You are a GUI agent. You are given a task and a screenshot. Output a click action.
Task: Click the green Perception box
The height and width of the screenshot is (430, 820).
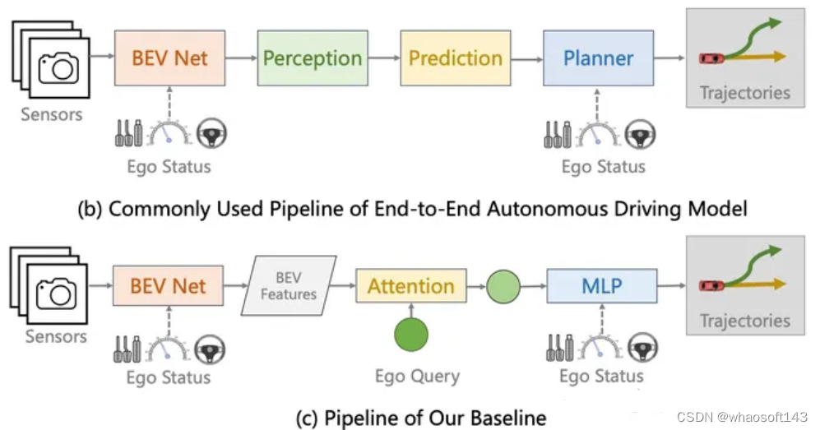[311, 58]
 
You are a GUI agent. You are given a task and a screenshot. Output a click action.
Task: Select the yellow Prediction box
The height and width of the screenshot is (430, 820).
[455, 58]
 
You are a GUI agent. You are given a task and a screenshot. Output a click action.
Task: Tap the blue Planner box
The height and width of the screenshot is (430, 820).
[598, 58]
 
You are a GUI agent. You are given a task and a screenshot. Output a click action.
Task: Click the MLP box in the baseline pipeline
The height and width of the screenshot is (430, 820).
[601, 286]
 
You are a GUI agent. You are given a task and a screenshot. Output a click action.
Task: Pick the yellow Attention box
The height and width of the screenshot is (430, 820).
[410, 286]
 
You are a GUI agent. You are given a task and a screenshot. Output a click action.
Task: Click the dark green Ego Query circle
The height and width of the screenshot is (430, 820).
[411, 335]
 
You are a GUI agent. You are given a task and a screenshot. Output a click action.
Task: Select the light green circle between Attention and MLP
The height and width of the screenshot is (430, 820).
[503, 286]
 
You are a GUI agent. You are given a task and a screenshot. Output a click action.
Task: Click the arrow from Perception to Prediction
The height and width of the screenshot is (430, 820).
[382, 58]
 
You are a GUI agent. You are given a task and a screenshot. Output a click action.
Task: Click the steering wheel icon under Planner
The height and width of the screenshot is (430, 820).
[642, 132]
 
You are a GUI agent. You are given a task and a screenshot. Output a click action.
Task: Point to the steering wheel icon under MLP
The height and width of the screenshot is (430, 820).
[641, 349]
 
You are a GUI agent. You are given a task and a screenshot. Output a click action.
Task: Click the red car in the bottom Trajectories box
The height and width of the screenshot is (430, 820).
[711, 285]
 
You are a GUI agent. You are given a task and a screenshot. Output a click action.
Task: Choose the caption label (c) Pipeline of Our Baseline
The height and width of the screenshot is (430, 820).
[420, 417]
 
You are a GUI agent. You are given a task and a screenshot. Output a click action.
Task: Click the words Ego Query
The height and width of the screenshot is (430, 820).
[417, 377]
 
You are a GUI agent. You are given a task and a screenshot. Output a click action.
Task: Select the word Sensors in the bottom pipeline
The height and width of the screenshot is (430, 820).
[55, 336]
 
